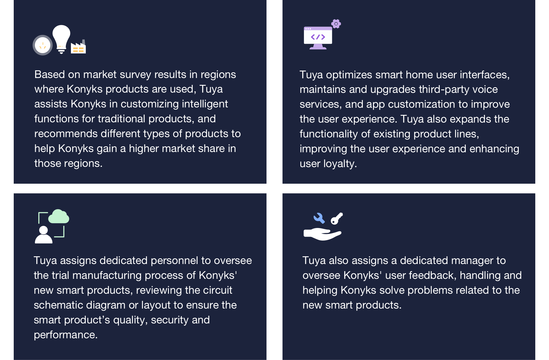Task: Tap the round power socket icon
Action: point(43,45)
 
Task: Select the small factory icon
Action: point(78,47)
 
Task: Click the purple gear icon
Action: point(336,24)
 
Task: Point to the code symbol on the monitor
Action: point(318,37)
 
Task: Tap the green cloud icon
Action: point(59,216)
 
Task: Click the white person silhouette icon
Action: point(43,235)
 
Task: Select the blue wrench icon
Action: point(319,218)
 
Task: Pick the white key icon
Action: point(337,219)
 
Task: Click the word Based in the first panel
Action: point(50,74)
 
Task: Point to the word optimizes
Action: point(349,75)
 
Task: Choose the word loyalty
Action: point(340,164)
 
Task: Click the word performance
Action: point(65,335)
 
